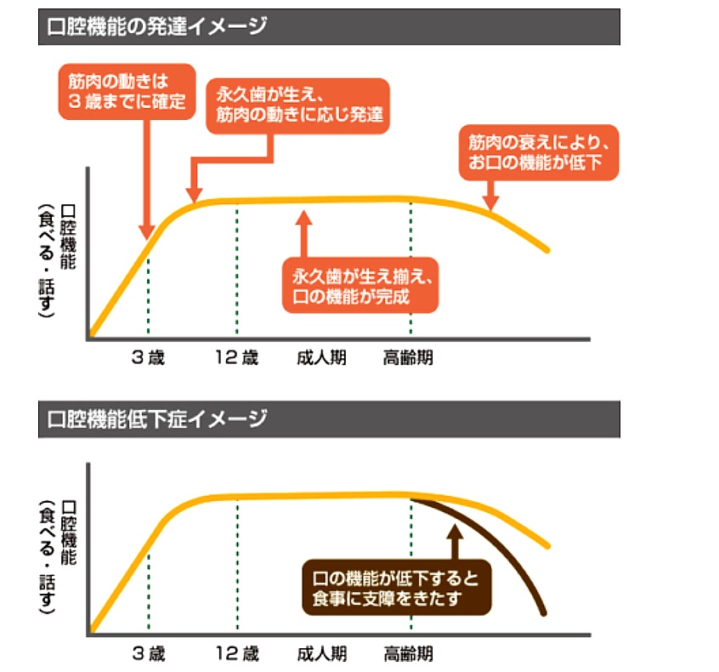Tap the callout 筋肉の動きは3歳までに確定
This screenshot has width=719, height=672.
click(x=127, y=91)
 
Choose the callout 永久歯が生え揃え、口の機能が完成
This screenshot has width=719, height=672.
click(x=361, y=286)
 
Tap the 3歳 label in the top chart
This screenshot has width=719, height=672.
click(x=148, y=357)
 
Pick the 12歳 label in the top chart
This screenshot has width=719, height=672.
click(x=237, y=357)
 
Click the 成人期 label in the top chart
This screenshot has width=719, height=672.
click(x=321, y=357)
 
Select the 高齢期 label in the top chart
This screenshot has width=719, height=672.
click(x=408, y=357)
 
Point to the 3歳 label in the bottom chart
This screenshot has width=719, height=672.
click(x=148, y=654)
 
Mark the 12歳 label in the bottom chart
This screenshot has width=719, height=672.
click(x=237, y=654)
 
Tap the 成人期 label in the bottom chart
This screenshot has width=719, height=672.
click(x=321, y=654)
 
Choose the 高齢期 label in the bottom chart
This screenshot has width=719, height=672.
click(x=408, y=654)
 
